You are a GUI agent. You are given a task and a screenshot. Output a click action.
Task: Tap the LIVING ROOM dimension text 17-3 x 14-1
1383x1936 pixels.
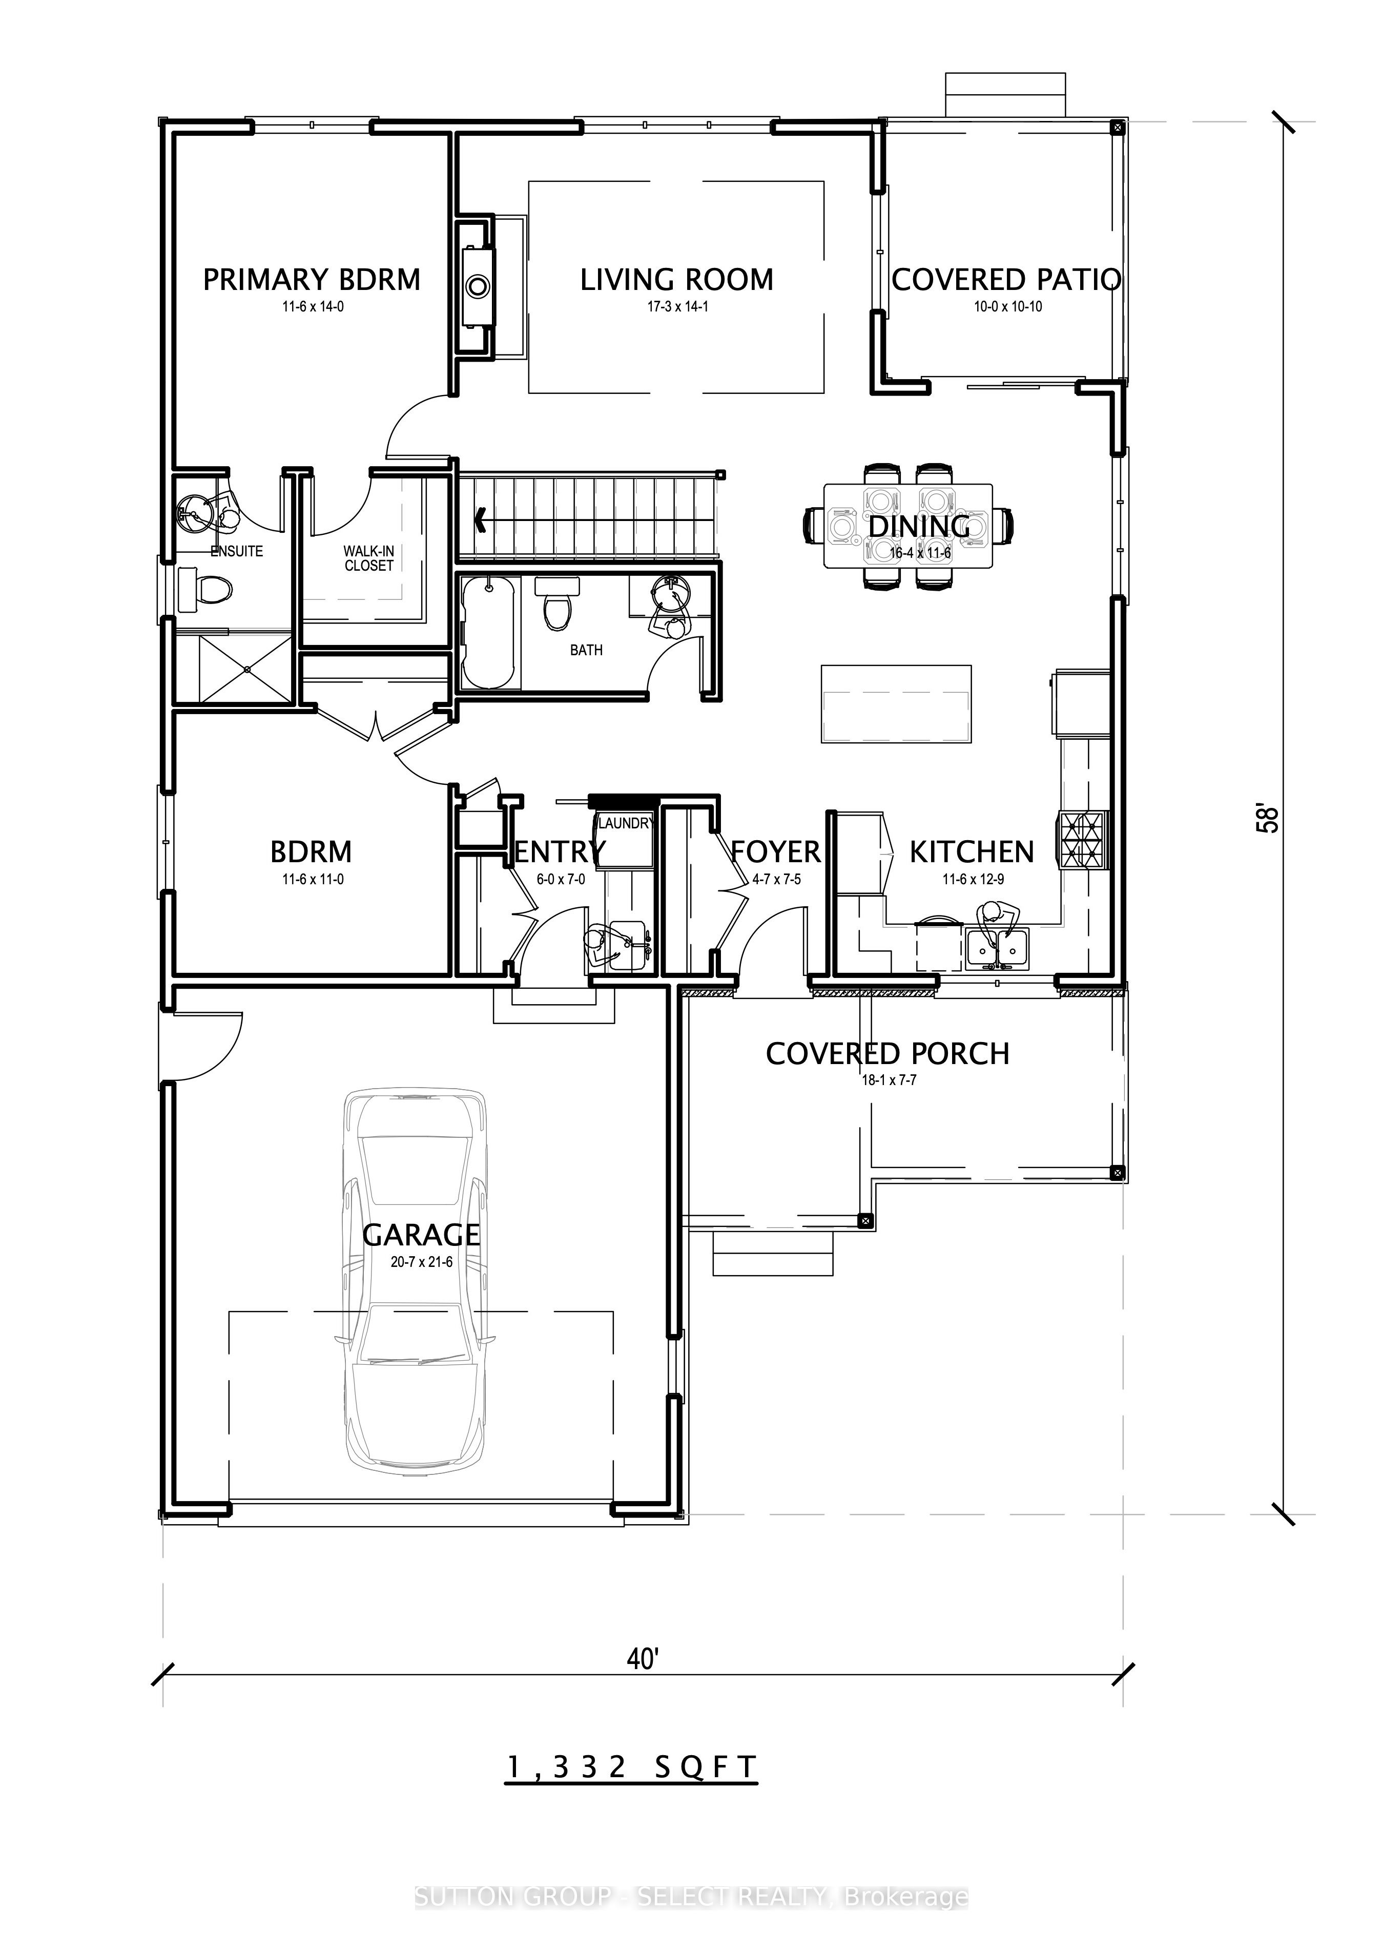point(677,306)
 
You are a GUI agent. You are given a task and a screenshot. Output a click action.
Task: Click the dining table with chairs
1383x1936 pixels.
point(908,526)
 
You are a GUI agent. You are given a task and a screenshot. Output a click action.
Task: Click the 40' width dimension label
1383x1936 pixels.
point(644,1658)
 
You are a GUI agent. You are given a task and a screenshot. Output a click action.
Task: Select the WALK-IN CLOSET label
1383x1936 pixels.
point(369,558)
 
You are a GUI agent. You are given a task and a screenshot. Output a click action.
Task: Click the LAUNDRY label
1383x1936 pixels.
point(625,823)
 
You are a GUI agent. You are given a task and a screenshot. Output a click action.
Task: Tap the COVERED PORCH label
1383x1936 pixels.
point(887,1054)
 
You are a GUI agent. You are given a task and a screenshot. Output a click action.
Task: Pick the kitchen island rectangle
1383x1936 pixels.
point(896,704)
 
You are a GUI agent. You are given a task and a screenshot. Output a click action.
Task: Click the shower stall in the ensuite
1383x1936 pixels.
point(234,669)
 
